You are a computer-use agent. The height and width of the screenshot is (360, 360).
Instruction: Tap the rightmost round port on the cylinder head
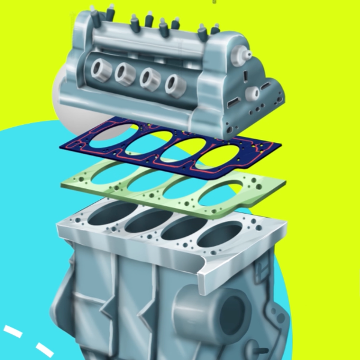pos(174,83)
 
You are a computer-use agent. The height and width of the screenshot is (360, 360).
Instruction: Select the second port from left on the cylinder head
pos(125,74)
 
